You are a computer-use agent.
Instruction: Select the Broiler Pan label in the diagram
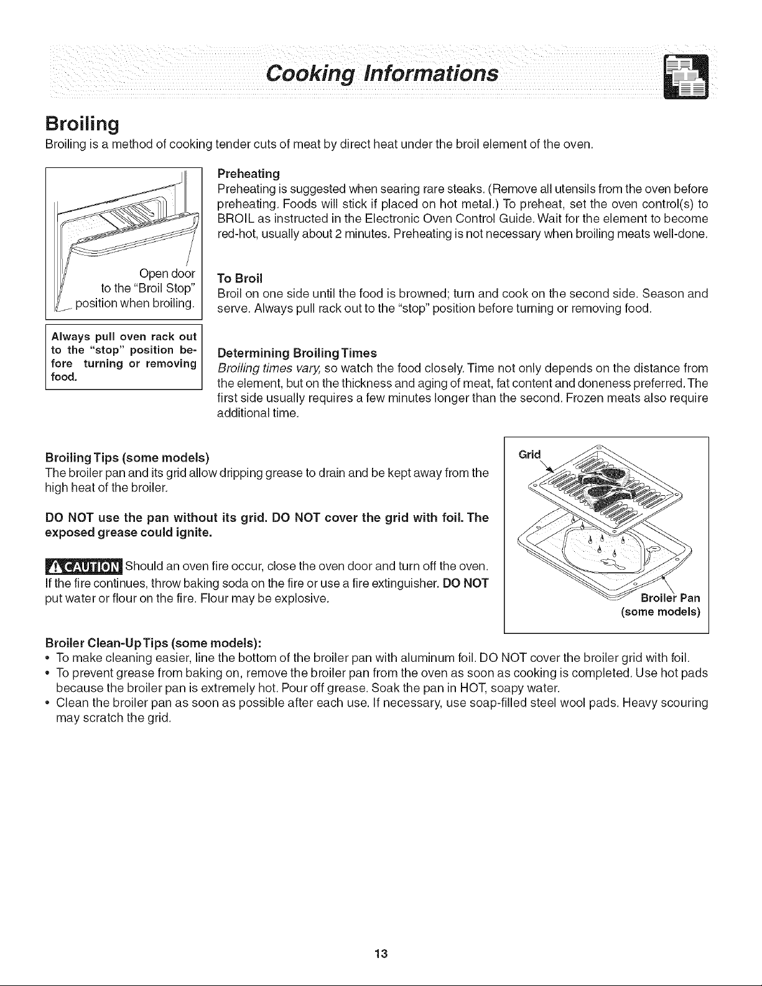(669, 598)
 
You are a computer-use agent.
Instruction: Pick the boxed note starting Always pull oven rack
(123, 356)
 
